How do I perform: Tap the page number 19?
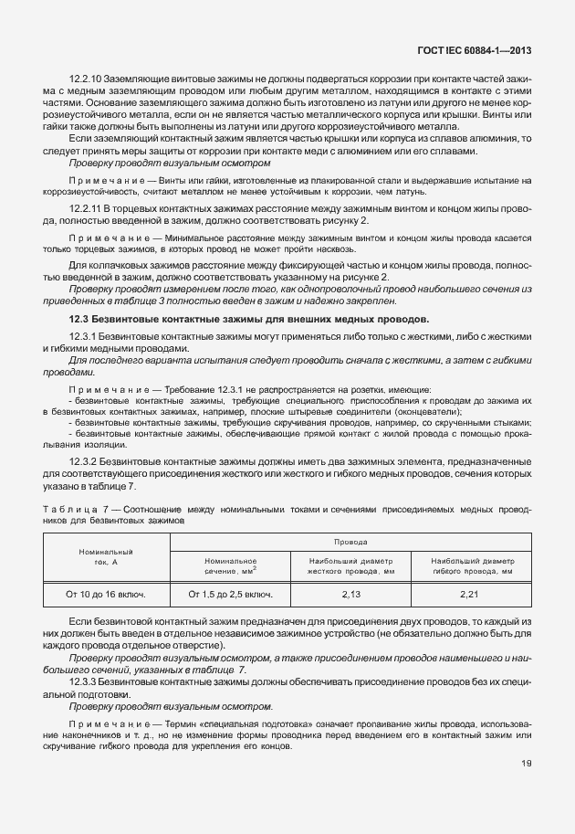pyautogui.click(x=527, y=764)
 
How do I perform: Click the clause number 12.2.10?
pyautogui.click(x=86, y=80)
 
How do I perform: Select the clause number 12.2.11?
pyautogui.click(x=86, y=209)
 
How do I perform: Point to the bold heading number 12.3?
pyautogui.click(x=80, y=319)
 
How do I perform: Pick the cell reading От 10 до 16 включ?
pyautogui.click(x=106, y=595)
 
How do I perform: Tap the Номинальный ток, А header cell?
pyautogui.click(x=106, y=556)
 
